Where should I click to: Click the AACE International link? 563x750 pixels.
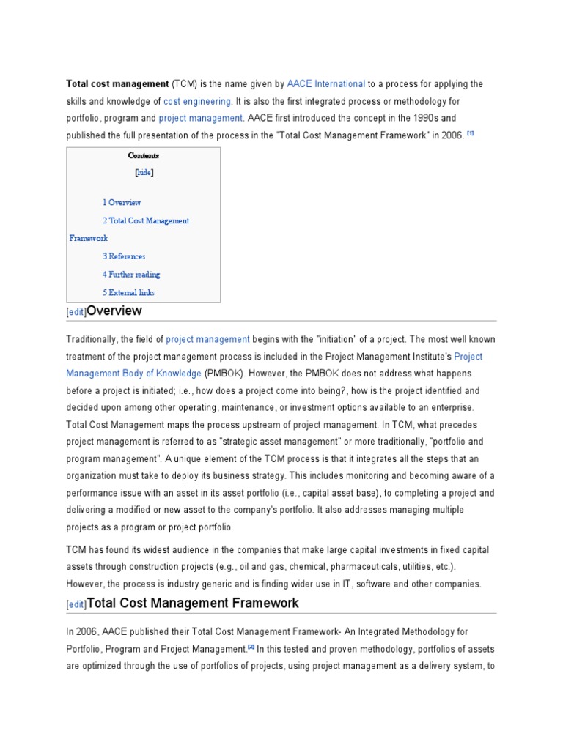(x=325, y=84)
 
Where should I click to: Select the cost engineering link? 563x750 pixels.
(x=198, y=101)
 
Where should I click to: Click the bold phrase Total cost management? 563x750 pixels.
(x=117, y=84)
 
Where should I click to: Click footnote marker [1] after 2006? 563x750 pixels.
(x=471, y=133)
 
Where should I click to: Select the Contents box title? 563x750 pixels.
(x=143, y=155)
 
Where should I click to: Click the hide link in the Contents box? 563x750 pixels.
(x=144, y=173)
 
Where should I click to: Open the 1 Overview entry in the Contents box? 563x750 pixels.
(x=122, y=202)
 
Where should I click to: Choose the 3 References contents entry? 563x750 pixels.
(x=124, y=256)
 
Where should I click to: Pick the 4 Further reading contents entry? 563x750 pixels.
(x=131, y=275)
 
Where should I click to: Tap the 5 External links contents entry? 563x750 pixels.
(x=128, y=292)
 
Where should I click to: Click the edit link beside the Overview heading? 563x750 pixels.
(x=76, y=312)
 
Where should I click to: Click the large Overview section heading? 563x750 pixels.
(x=114, y=311)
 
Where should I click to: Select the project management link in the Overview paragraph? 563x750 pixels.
(x=207, y=339)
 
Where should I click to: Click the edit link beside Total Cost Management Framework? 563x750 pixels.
(x=76, y=605)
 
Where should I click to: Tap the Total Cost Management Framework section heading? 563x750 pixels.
(x=193, y=604)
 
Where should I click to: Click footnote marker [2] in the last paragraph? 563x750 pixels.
(x=251, y=647)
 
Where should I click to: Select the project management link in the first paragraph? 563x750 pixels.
(x=200, y=118)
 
